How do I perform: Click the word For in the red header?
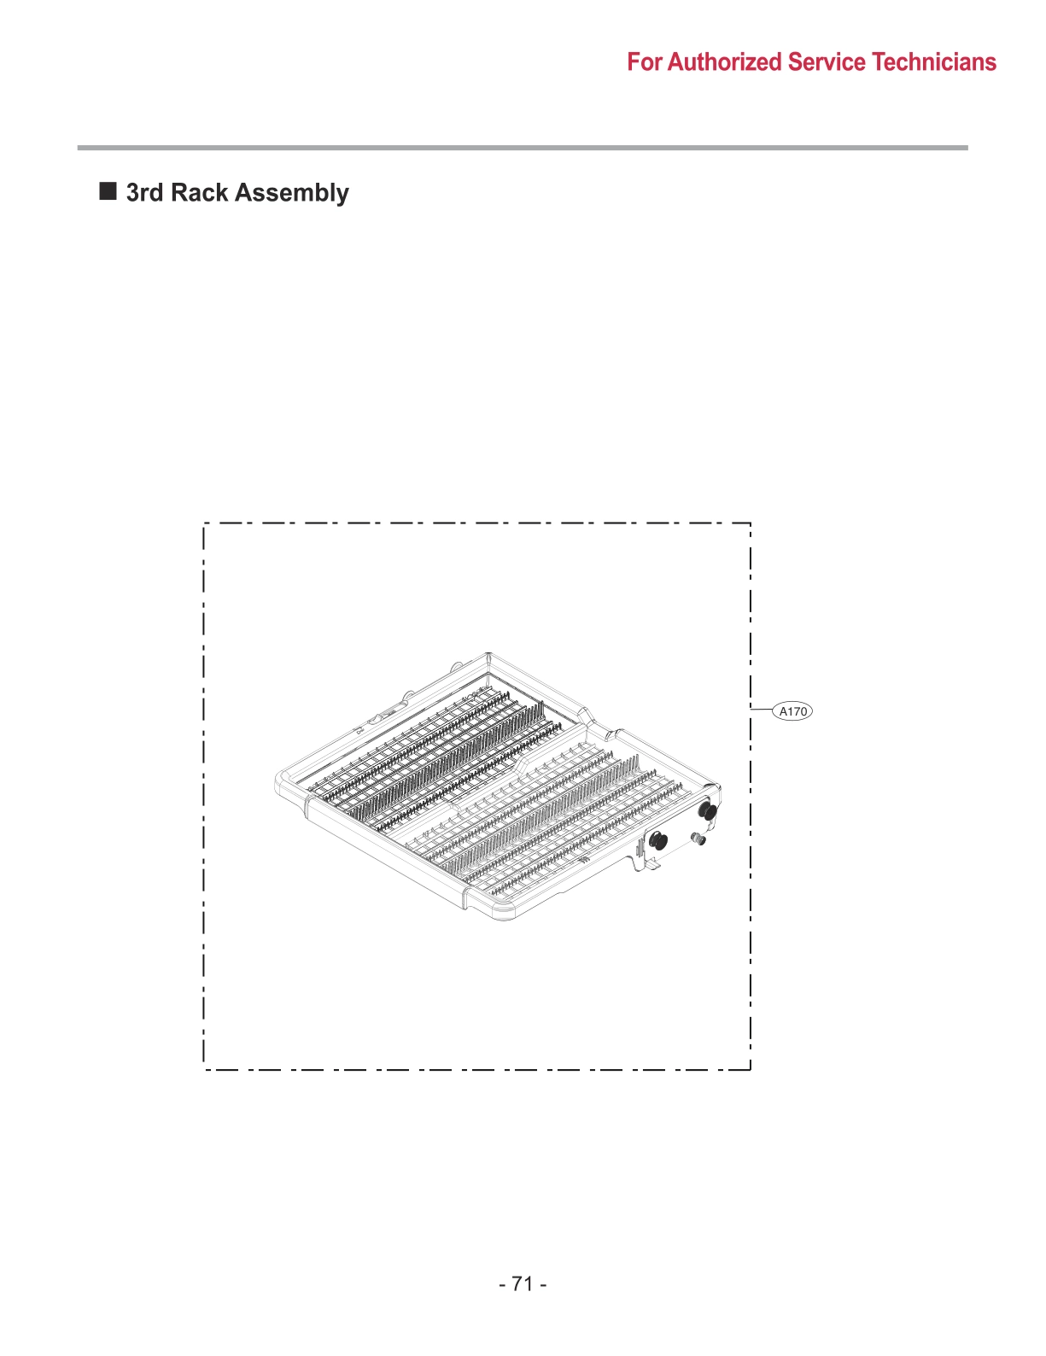coord(645,62)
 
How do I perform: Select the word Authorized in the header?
coord(725,62)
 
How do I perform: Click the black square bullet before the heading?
coord(108,190)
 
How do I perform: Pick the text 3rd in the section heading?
coord(144,193)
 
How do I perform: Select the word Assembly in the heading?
coord(292,194)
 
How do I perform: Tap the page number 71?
coord(523,1284)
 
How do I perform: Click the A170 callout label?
coord(792,711)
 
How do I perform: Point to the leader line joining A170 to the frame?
coord(761,710)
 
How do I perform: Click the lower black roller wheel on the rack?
coord(657,840)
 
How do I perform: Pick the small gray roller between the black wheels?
coord(698,839)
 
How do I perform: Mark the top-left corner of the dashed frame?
coord(204,523)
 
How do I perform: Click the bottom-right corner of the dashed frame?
coord(751,1069)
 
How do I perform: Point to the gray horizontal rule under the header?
coord(523,148)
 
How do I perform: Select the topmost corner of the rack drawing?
coord(488,655)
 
